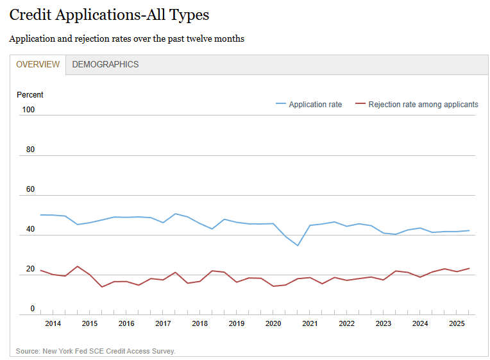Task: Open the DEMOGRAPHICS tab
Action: [x=105, y=64]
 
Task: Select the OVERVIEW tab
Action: [x=38, y=64]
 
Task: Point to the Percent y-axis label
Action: [x=30, y=95]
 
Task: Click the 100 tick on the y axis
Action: [x=28, y=110]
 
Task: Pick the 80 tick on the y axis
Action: [x=30, y=150]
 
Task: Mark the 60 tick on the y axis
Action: [x=30, y=189]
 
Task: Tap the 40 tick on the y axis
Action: [x=30, y=229]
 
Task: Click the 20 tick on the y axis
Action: [x=30, y=269]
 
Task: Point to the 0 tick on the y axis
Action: [x=32, y=309]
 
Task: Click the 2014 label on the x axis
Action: [x=53, y=323]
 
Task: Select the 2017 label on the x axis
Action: [x=163, y=323]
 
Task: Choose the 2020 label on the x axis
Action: [x=273, y=323]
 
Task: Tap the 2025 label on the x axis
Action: [x=457, y=323]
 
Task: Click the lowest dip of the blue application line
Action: [x=298, y=245]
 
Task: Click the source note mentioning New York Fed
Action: [x=96, y=351]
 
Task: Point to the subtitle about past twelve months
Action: [x=126, y=39]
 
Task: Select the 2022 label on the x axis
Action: [x=346, y=323]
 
